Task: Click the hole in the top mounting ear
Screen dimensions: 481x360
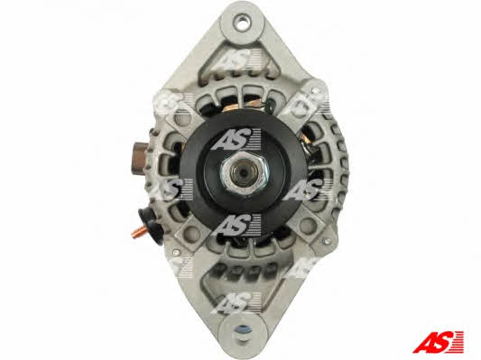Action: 243,22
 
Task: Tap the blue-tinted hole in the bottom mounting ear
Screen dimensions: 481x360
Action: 243,330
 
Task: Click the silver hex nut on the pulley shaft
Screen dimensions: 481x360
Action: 245,173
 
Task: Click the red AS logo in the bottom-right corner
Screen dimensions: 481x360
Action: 438,341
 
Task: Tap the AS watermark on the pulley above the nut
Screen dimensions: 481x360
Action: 236,139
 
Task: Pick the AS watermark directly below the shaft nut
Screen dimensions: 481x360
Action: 236,225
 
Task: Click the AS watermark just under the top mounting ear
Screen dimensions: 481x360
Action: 236,59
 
